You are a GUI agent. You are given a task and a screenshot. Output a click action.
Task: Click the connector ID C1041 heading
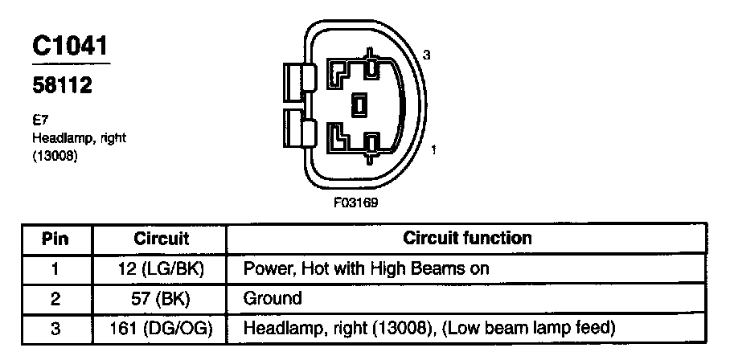(x=71, y=47)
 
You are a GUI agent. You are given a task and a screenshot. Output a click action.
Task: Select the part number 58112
(x=62, y=84)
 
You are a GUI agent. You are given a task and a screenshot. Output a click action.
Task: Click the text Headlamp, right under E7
(x=79, y=137)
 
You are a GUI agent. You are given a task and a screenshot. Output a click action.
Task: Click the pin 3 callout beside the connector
(x=428, y=55)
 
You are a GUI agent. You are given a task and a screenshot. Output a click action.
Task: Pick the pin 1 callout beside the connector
(x=434, y=149)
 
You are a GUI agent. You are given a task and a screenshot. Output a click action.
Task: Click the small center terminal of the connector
(x=361, y=104)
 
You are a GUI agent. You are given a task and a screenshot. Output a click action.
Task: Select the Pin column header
(x=55, y=239)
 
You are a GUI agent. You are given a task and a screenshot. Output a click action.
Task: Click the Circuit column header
(x=161, y=239)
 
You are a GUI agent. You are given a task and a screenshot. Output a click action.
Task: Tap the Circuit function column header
(x=467, y=238)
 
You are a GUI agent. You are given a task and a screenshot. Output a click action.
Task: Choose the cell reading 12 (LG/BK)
(x=161, y=268)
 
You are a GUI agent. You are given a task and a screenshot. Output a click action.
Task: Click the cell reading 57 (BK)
(x=161, y=299)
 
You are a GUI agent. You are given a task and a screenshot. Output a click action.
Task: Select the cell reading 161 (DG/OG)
(x=161, y=329)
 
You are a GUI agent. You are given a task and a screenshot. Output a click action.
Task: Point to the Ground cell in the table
(x=273, y=299)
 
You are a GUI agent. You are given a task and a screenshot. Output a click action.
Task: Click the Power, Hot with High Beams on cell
(x=366, y=268)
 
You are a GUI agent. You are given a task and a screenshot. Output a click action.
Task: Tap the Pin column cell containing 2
(x=55, y=299)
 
